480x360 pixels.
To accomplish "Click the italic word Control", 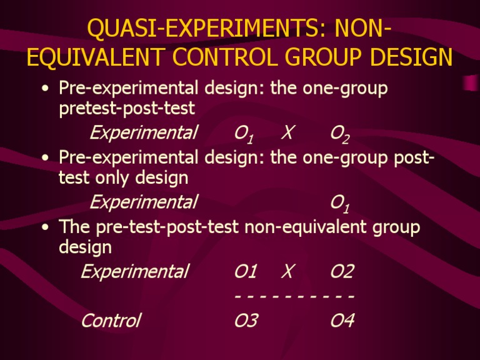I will [111, 321].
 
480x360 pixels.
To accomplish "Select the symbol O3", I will [246, 321].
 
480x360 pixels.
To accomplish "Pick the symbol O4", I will [342, 321].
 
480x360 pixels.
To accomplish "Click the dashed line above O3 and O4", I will [294, 296].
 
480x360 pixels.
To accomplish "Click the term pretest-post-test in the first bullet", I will [126, 109].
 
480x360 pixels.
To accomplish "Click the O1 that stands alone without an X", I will [339, 203].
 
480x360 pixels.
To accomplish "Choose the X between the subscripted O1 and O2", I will [288, 132].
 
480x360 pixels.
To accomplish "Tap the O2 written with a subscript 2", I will [339, 134].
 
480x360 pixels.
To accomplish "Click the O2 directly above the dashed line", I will [342, 271].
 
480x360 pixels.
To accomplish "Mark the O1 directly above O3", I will [246, 271].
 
